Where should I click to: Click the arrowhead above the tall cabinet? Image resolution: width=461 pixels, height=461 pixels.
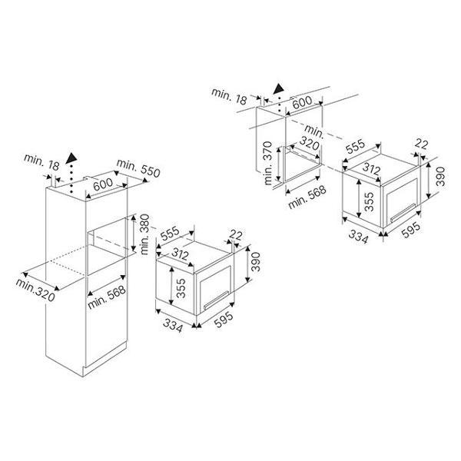tap(71, 159)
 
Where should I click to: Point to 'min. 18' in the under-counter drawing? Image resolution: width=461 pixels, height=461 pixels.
tap(230, 94)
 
